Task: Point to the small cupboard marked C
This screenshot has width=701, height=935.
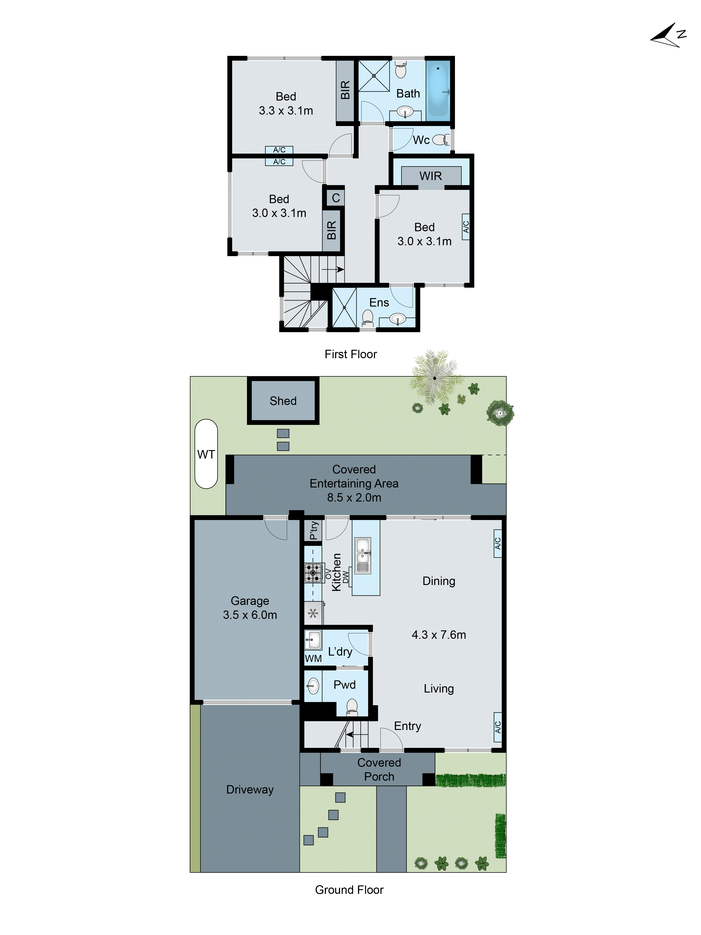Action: tap(336, 198)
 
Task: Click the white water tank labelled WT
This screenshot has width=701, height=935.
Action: tap(206, 454)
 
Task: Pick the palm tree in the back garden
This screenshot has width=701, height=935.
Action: tap(434, 377)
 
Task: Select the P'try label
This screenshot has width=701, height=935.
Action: tap(313, 530)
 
